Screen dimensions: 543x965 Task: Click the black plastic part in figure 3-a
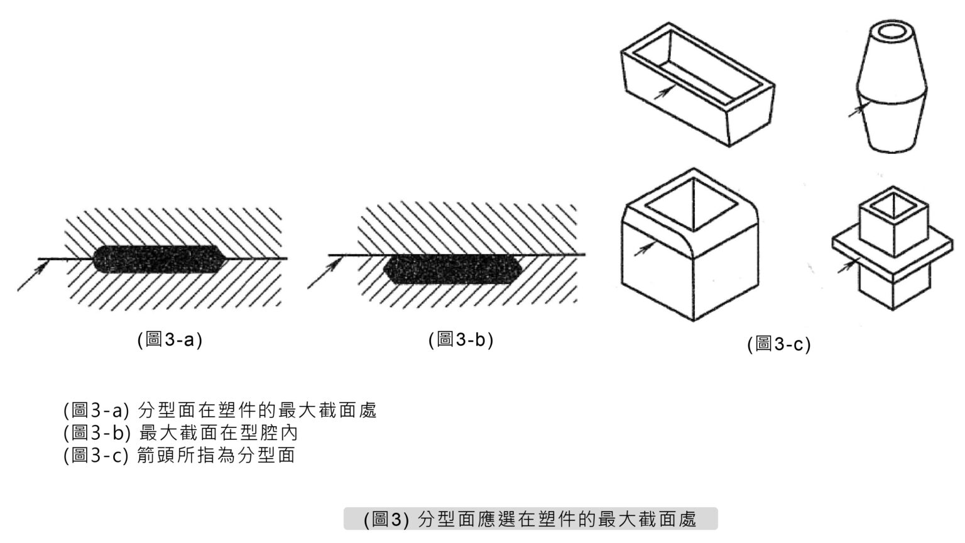(157, 260)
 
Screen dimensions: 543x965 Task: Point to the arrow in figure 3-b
(324, 273)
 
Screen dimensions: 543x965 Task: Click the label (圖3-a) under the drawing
(170, 339)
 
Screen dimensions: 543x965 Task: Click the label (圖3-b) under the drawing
(461, 339)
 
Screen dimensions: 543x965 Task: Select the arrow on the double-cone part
(856, 111)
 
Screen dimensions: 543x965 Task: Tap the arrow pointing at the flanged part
(846, 266)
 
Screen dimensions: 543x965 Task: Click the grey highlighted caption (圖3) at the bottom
(530, 519)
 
